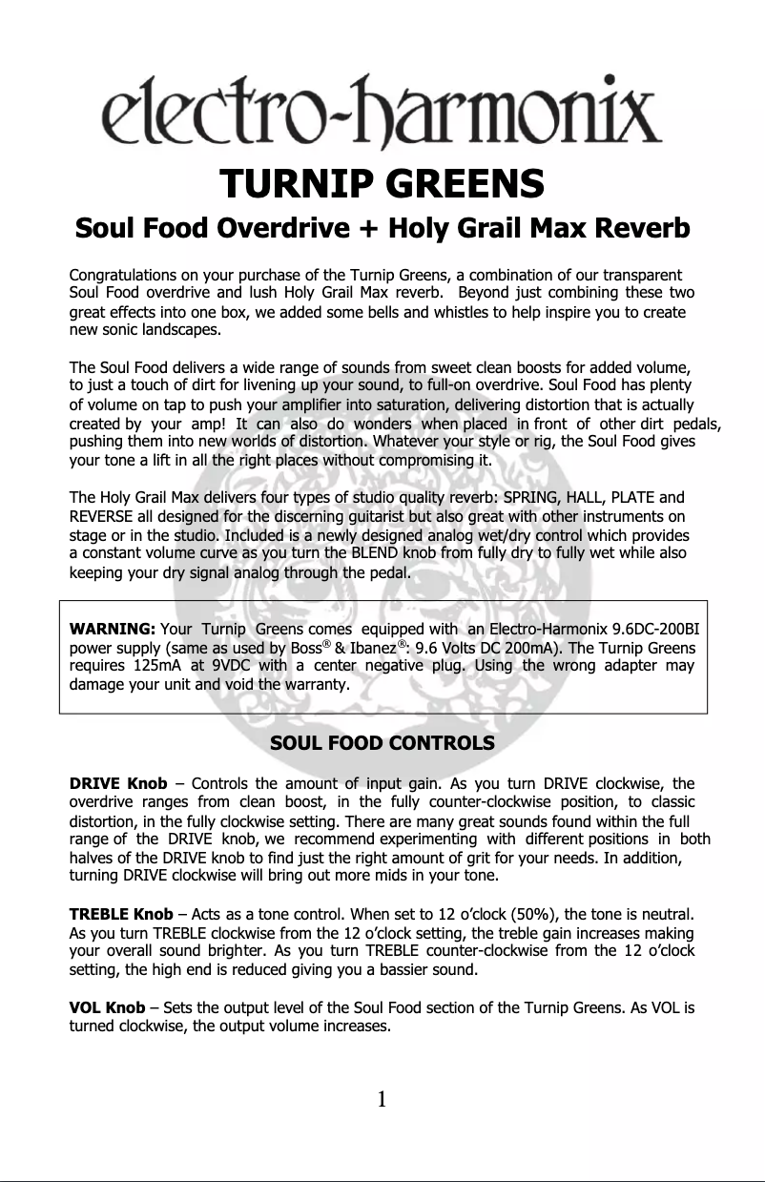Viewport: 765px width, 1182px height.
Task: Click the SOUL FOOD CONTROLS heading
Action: tap(382, 742)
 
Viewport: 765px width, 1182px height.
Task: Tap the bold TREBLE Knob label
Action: tap(121, 915)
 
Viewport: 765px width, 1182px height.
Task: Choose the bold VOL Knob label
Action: tap(107, 1007)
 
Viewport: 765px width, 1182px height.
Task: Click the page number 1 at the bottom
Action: tap(382, 1099)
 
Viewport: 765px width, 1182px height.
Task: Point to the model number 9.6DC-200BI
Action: tap(659, 629)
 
